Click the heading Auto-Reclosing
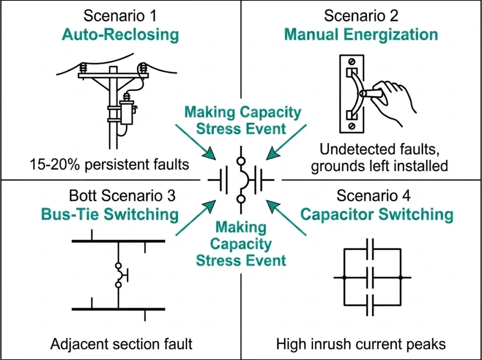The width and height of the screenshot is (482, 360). (120, 35)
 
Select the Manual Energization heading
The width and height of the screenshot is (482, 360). (361, 35)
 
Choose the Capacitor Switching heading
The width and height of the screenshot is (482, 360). (377, 215)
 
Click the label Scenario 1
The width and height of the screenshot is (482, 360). (120, 16)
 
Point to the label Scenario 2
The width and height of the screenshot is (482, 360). (361, 16)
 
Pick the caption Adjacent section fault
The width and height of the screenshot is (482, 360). (121, 344)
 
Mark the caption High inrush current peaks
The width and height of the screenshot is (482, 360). (361, 344)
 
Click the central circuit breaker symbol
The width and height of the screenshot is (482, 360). (241, 180)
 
